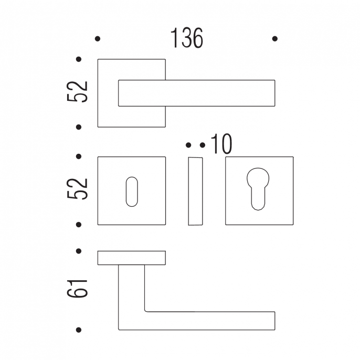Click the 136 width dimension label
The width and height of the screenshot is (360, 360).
point(187,38)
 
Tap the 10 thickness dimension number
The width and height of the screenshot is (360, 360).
point(221,144)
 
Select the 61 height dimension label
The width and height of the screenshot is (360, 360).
point(77,289)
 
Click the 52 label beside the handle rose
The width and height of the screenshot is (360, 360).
point(77,91)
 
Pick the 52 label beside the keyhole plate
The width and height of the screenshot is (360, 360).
point(77,188)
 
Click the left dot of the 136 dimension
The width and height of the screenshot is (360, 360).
point(98,39)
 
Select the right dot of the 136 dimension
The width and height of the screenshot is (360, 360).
point(275,39)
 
